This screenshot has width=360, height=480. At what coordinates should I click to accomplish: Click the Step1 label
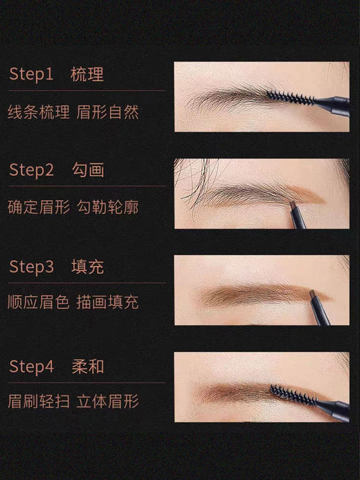pos(31,75)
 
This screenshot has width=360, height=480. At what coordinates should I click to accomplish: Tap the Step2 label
pos(31,170)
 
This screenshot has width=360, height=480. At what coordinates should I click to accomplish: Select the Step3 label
pos(31,267)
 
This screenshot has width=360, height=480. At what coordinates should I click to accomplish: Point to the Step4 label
pos(31,366)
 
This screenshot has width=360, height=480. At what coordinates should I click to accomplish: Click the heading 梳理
pos(87,75)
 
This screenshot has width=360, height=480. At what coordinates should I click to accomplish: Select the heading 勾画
pos(87,170)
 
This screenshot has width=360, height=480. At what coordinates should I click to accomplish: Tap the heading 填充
pos(87,267)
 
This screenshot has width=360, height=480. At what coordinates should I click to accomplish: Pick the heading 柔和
pos(87,366)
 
